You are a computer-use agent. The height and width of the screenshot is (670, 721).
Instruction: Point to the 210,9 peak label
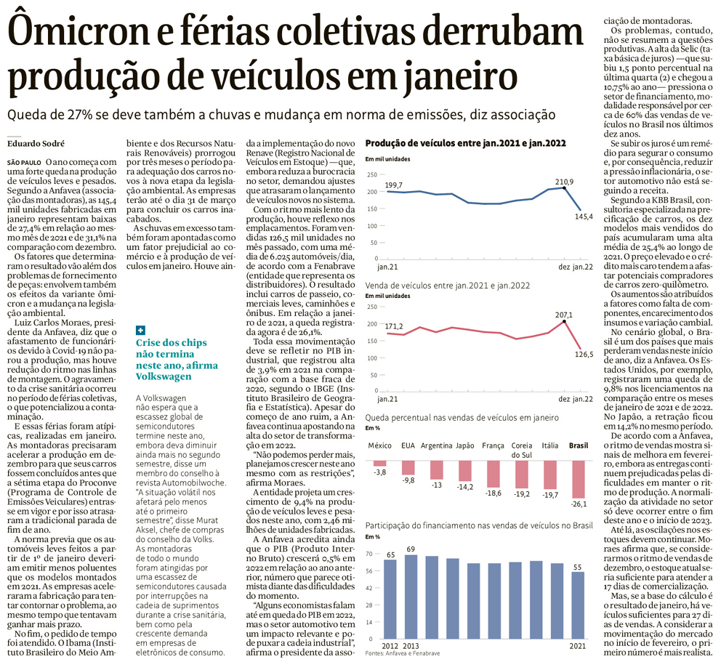pyautogui.click(x=564, y=181)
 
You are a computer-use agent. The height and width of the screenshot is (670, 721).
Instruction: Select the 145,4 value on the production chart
pyautogui.click(x=584, y=217)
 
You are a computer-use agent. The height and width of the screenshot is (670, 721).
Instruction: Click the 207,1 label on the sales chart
pyautogui.click(x=563, y=315)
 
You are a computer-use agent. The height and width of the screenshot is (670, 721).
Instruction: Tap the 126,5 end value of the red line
pyautogui.click(x=584, y=354)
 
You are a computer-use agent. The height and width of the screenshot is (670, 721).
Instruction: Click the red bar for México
pyautogui.click(x=379, y=463)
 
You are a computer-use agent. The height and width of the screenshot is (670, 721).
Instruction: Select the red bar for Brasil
pyautogui.click(x=579, y=480)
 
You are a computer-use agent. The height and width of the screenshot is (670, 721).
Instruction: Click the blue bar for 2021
pyautogui.click(x=578, y=603)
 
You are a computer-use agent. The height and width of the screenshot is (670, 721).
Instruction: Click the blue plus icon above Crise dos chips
pyautogui.click(x=140, y=330)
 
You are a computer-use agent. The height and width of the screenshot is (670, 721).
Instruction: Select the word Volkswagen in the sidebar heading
pyautogui.click(x=164, y=376)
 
